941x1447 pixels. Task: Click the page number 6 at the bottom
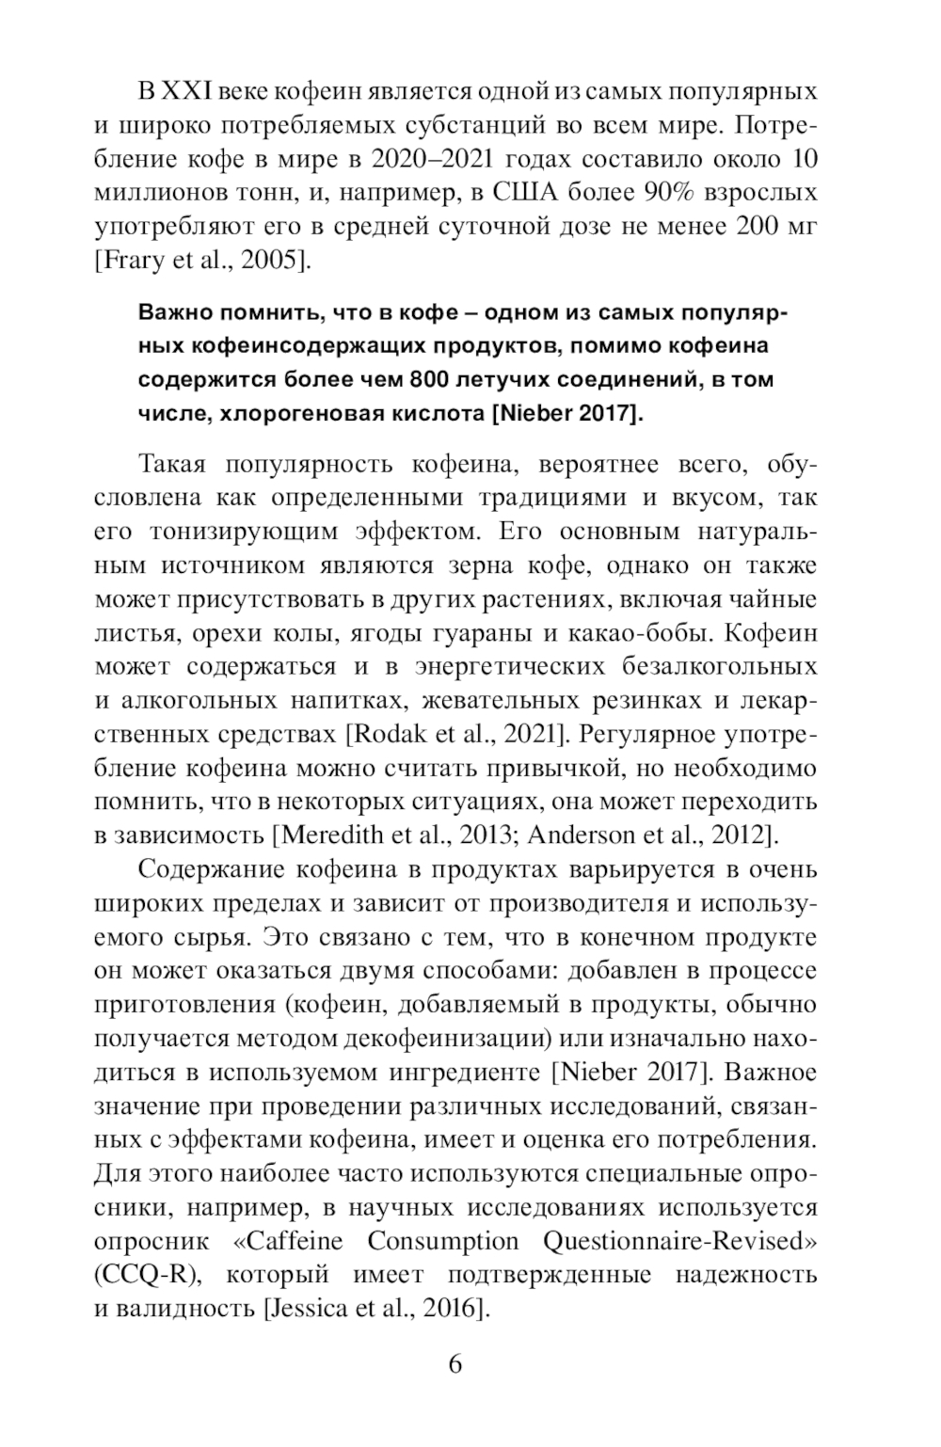pyautogui.click(x=455, y=1364)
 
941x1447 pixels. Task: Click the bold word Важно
pyautogui.click(x=174, y=311)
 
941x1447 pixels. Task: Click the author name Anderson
pyautogui.click(x=590, y=835)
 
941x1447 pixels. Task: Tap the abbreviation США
pyautogui.click(x=534, y=193)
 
